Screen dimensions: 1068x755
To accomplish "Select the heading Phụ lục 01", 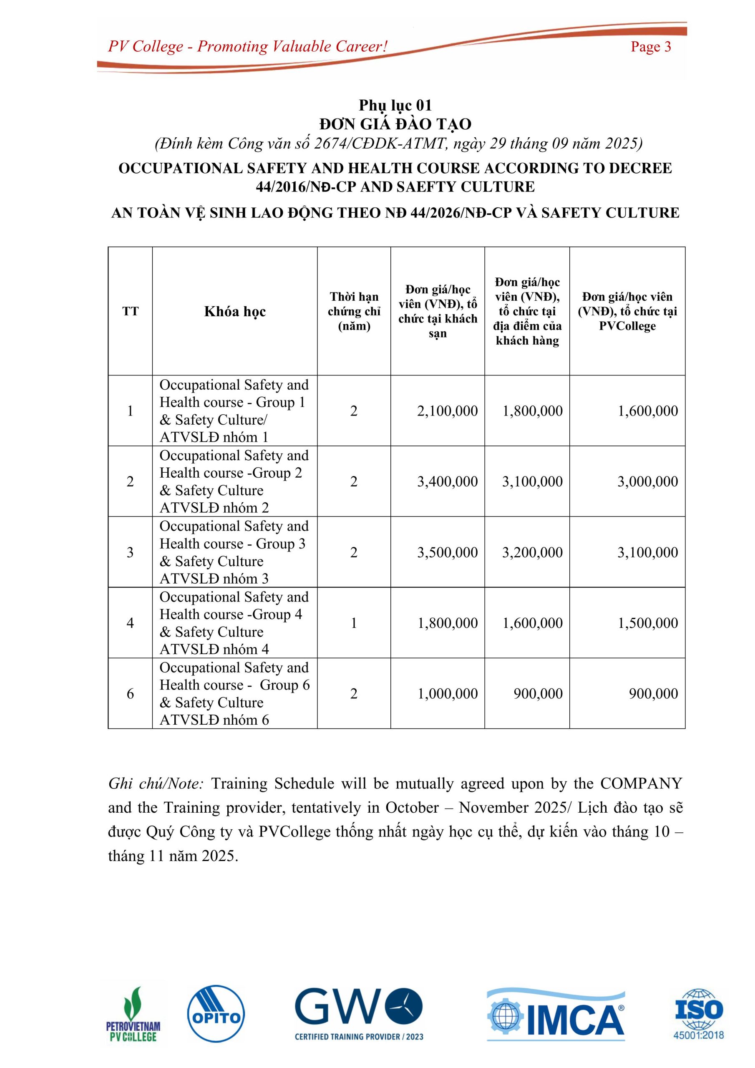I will point(395,105).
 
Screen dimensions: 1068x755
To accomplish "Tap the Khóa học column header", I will point(235,311).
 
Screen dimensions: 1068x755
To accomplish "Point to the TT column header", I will point(130,311).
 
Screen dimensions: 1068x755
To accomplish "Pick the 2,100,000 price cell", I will point(447,411).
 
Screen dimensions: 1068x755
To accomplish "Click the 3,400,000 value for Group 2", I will point(447,481).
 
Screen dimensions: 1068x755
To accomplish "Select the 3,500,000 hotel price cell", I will point(447,552).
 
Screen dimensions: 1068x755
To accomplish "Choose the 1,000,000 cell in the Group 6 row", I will point(447,693).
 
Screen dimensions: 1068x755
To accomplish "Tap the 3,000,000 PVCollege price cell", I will point(647,481).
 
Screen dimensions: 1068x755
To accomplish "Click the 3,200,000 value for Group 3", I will point(532,552).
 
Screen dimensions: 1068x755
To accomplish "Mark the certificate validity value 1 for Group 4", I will point(354,623).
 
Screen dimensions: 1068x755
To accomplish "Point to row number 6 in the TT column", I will point(130,693).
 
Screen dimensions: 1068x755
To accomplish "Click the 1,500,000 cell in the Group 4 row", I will point(647,623).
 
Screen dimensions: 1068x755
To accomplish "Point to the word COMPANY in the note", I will point(641,783).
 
